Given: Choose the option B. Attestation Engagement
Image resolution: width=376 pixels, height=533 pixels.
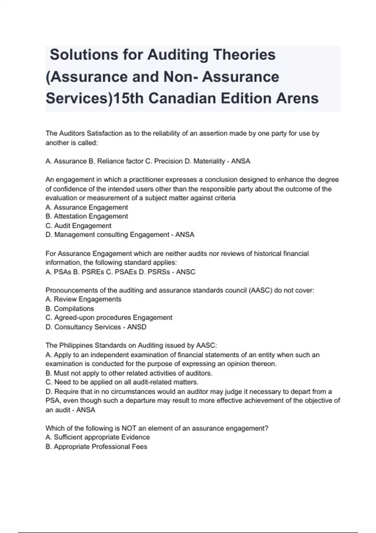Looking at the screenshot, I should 87,216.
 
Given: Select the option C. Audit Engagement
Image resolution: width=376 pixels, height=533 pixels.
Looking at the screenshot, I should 78,226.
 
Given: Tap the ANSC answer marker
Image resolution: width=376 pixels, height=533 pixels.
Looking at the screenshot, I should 185,272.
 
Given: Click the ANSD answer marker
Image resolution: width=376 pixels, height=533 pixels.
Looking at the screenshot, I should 137,327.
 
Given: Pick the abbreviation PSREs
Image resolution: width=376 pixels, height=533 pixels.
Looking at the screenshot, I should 93,272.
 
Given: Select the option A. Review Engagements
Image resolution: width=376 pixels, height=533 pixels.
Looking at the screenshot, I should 83,299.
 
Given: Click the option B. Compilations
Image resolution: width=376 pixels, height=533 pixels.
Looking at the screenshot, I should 70,309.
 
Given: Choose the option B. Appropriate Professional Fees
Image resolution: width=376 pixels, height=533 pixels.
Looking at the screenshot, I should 96,446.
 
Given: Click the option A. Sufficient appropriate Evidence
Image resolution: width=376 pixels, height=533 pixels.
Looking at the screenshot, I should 97,437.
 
